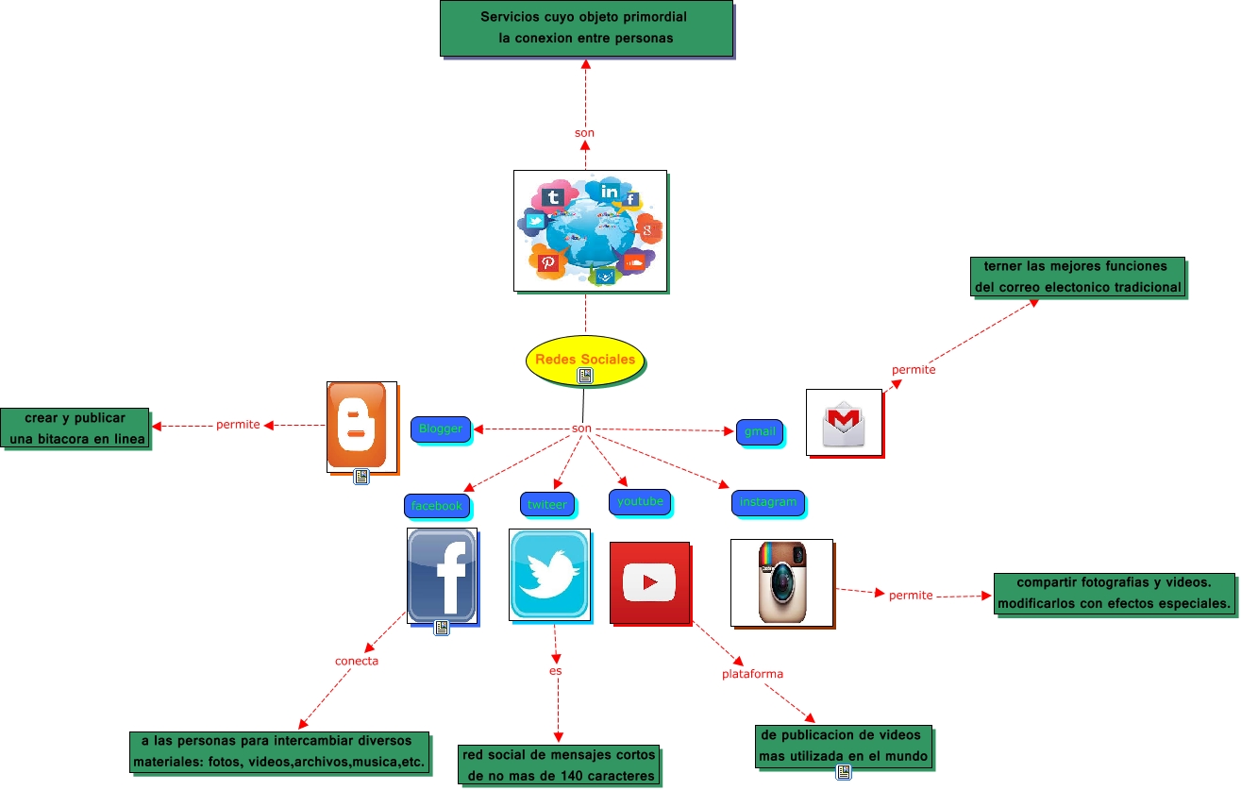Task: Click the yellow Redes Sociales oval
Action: (x=585, y=360)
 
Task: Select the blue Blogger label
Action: (x=441, y=429)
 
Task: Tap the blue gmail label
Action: (x=760, y=431)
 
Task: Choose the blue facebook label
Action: (x=437, y=506)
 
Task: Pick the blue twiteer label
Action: (x=547, y=504)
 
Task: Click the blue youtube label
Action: (x=640, y=501)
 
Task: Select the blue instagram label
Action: (x=768, y=502)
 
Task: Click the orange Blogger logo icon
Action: (x=357, y=425)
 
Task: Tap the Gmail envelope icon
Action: (x=843, y=422)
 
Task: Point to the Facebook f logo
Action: (x=442, y=575)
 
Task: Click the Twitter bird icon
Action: (x=549, y=574)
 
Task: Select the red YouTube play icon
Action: (x=649, y=582)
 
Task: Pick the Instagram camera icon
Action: (x=782, y=582)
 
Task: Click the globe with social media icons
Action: (x=590, y=230)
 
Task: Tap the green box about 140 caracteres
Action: (x=558, y=765)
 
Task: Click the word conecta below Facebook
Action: (x=357, y=661)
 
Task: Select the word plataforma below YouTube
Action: (x=752, y=674)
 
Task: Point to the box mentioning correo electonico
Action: (x=1078, y=277)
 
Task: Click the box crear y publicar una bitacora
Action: (x=75, y=429)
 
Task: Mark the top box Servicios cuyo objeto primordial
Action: (x=585, y=27)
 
